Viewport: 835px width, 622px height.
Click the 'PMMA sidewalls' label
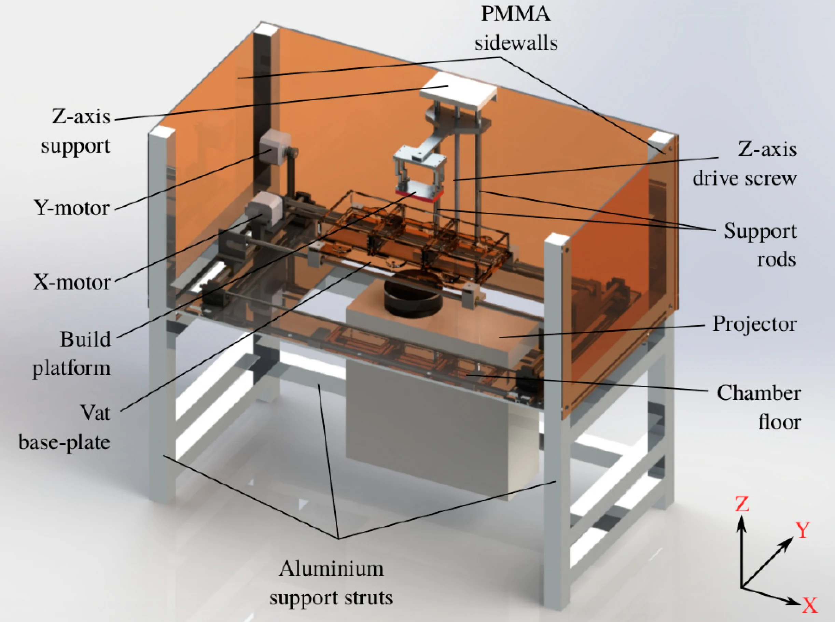point(516,29)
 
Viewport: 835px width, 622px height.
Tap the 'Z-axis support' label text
point(76,131)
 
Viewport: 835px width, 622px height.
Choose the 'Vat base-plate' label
point(65,427)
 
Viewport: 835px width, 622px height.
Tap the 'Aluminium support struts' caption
point(331,583)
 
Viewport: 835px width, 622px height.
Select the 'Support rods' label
point(760,245)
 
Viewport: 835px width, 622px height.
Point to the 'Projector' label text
point(754,324)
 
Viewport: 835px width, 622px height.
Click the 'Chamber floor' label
point(759,407)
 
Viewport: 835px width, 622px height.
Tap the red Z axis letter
point(742,504)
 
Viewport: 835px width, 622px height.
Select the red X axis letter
point(810,605)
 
